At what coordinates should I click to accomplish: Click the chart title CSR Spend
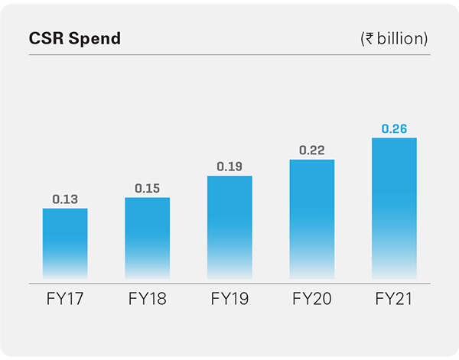point(74,38)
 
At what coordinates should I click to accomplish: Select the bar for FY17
point(65,243)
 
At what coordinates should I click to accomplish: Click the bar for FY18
point(147,238)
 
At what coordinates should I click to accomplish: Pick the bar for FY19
point(229,227)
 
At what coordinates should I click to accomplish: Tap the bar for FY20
point(311,219)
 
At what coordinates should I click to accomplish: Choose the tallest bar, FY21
point(394,208)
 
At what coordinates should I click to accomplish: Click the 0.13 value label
point(65,199)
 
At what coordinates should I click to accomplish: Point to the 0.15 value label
point(147,188)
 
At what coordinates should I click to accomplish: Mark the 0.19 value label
point(229,166)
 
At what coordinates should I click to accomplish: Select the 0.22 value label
point(311,150)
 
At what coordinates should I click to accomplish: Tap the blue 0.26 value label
point(394,128)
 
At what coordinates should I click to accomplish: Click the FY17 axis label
point(65,299)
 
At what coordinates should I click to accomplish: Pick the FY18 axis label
point(147,299)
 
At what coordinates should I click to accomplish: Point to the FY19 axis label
point(229,299)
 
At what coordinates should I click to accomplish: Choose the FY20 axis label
point(311,299)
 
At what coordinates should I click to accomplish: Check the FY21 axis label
point(394,299)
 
